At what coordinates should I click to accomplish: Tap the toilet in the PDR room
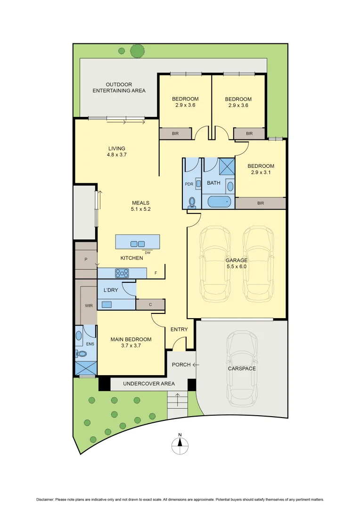pyautogui.click(x=192, y=203)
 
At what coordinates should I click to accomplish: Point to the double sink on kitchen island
pyautogui.click(x=138, y=244)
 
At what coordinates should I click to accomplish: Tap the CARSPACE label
pyautogui.click(x=242, y=368)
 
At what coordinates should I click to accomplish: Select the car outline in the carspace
pyautogui.click(x=242, y=368)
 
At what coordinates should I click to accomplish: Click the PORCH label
pyautogui.click(x=181, y=364)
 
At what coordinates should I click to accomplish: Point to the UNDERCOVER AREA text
pyautogui.click(x=148, y=384)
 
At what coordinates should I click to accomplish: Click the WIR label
pyautogui.click(x=89, y=305)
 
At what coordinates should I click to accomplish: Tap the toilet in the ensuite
pyautogui.click(x=81, y=353)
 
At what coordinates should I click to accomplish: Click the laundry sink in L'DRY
pyautogui.click(x=106, y=304)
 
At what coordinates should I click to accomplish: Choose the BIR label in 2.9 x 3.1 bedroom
pyautogui.click(x=261, y=203)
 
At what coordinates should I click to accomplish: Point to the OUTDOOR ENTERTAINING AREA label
pyautogui.click(x=119, y=88)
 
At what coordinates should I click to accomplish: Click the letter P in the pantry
pyautogui.click(x=86, y=259)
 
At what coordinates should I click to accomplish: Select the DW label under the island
pyautogui.click(x=148, y=253)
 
